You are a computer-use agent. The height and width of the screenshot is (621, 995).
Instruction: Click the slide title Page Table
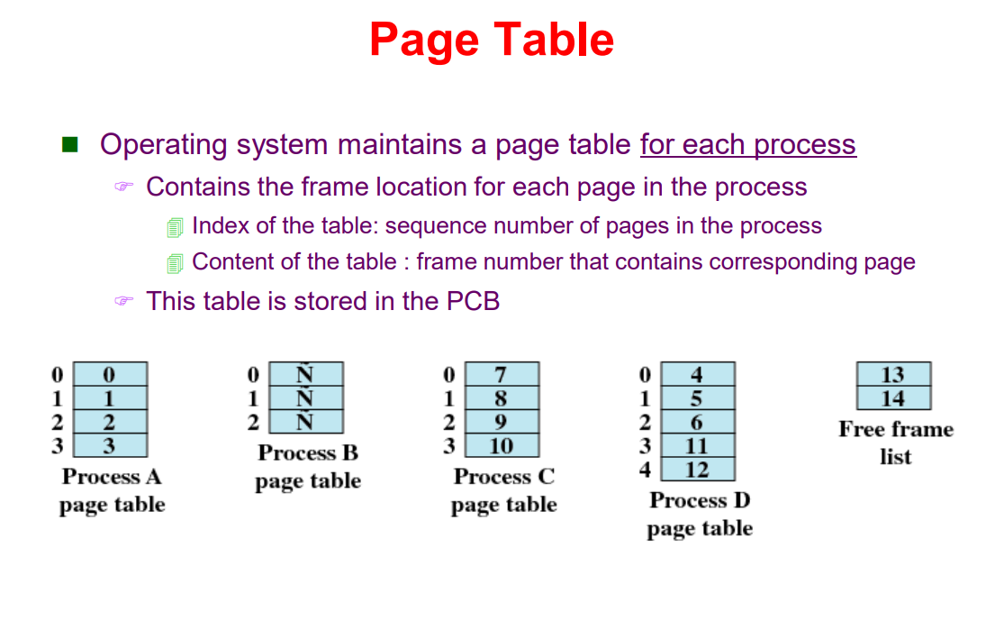[x=492, y=41]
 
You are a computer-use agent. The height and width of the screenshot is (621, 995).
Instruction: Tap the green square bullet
[x=70, y=144]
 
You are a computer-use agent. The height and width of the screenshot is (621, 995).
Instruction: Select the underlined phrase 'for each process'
[x=747, y=144]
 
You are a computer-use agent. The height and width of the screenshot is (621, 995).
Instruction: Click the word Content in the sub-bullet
[x=231, y=261]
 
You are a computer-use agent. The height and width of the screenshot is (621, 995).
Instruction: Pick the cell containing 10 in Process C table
[x=502, y=445]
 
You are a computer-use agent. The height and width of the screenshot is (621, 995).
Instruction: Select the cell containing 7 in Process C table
[x=502, y=374]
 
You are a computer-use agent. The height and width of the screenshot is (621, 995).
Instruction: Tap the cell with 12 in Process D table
[x=697, y=470]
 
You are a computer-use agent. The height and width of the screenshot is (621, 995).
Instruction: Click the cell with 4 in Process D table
[x=697, y=374]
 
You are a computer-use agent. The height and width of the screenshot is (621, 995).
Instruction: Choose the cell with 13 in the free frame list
[x=892, y=374]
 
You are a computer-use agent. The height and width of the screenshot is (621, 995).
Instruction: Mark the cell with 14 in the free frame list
[x=892, y=398]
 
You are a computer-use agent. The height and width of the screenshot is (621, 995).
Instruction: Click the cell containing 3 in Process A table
[x=109, y=445]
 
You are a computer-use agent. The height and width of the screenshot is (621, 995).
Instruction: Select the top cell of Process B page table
[x=305, y=374]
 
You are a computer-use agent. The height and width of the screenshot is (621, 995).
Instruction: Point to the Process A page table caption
[x=112, y=490]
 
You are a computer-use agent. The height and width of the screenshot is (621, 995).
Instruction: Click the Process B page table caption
[x=308, y=467]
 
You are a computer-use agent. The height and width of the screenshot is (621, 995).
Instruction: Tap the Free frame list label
[x=895, y=443]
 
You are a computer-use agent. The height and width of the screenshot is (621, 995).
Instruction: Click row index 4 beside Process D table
[x=644, y=470]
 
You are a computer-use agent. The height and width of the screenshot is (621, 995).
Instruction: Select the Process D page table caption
[x=700, y=514]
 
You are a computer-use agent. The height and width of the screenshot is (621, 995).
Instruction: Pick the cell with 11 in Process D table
[x=697, y=445]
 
